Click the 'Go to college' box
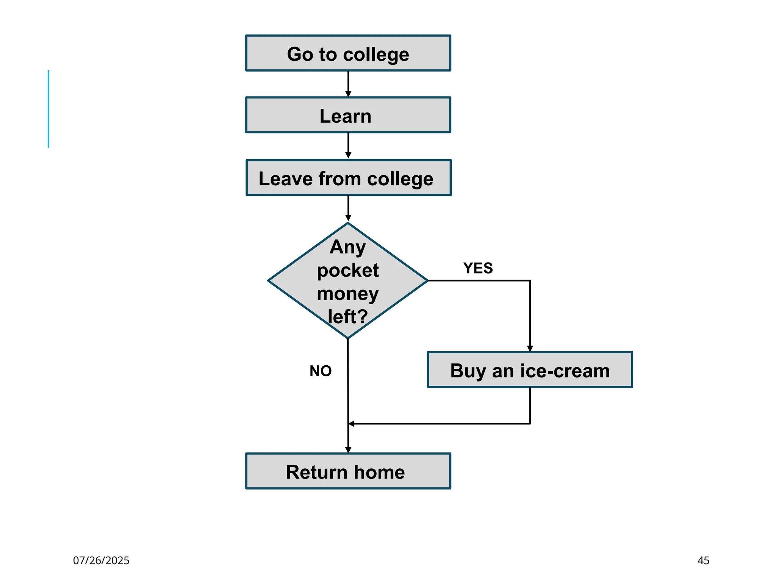click(x=348, y=53)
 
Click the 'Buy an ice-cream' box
click(x=530, y=370)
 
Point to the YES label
click(x=478, y=268)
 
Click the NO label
click(x=321, y=371)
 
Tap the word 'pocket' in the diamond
click(x=348, y=271)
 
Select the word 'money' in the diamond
click(x=348, y=294)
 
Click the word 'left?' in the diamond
click(x=348, y=317)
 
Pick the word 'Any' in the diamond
click(x=348, y=247)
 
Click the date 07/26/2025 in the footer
click(x=101, y=560)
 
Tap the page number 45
click(x=703, y=560)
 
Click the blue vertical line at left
click(x=48, y=109)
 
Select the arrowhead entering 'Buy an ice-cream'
click(x=530, y=349)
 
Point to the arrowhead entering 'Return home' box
click(x=348, y=450)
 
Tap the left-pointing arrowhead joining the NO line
click(x=352, y=424)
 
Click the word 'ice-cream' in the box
click(x=565, y=371)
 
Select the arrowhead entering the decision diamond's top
click(x=348, y=218)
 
